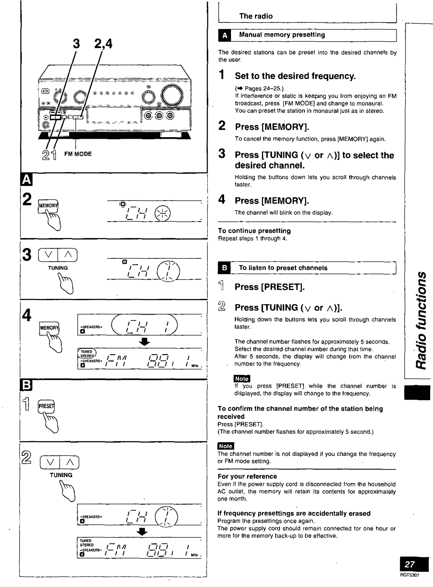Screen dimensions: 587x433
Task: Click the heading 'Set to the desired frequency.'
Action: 295,76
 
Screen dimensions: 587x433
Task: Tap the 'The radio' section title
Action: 256,16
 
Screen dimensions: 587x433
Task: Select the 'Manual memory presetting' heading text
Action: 282,35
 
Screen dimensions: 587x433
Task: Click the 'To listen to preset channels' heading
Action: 283,268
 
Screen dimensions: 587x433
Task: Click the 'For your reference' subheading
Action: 247,476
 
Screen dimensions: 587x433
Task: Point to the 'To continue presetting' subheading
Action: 254,231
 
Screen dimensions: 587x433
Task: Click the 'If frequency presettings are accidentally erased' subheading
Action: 293,513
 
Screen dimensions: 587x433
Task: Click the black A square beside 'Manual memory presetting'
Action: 225,36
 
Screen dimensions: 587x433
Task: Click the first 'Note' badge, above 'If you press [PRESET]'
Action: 242,378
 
